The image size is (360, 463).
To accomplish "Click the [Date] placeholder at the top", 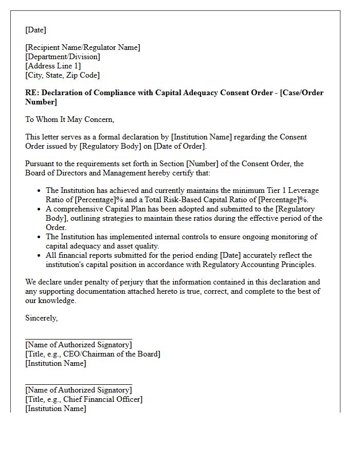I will pyautogui.click(x=35, y=30).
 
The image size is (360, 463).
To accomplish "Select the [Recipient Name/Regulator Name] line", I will pyautogui.click(x=82, y=47).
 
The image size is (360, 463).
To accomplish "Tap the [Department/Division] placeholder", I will pyautogui.click(x=63, y=57).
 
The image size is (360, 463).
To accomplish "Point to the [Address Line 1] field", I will pyautogui.click(x=53, y=66).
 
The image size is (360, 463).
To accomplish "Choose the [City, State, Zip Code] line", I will pyautogui.click(x=62, y=75).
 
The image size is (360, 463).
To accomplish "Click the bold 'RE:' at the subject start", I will pyautogui.click(x=32, y=93).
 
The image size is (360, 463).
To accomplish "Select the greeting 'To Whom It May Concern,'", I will pyautogui.click(x=69, y=119).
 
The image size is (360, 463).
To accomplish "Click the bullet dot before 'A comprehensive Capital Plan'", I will pyautogui.click(x=40, y=209).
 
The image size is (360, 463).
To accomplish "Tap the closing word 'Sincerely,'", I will pyautogui.click(x=41, y=318).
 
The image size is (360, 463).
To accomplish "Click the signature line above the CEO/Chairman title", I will pyautogui.click(x=78, y=339).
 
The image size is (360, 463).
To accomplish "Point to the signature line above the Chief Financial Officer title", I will pyautogui.click(x=78, y=384).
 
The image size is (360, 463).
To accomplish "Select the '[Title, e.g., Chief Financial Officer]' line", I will pyautogui.click(x=84, y=399).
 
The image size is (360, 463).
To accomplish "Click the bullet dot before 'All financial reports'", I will pyautogui.click(x=40, y=256).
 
